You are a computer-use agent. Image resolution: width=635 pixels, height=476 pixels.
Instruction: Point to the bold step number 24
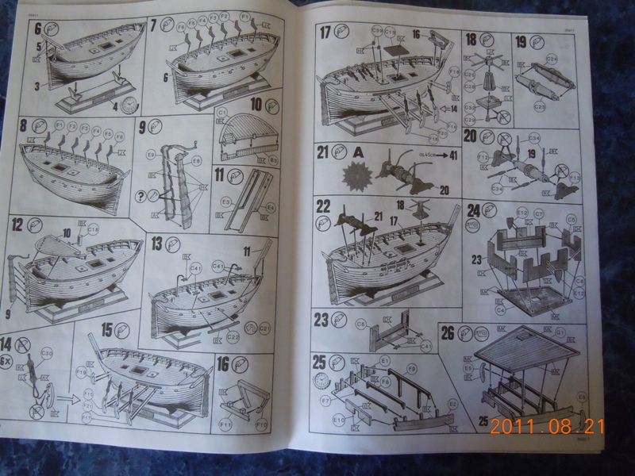[473, 211]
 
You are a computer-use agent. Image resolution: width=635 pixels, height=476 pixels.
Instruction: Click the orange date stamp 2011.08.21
[547, 426]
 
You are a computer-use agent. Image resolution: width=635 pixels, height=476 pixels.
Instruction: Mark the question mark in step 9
[141, 193]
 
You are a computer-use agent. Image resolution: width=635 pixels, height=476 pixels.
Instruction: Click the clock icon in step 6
[129, 106]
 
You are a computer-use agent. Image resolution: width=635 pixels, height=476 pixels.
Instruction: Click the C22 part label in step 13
[233, 337]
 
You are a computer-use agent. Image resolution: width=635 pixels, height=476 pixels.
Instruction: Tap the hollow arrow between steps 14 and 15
[62, 397]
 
